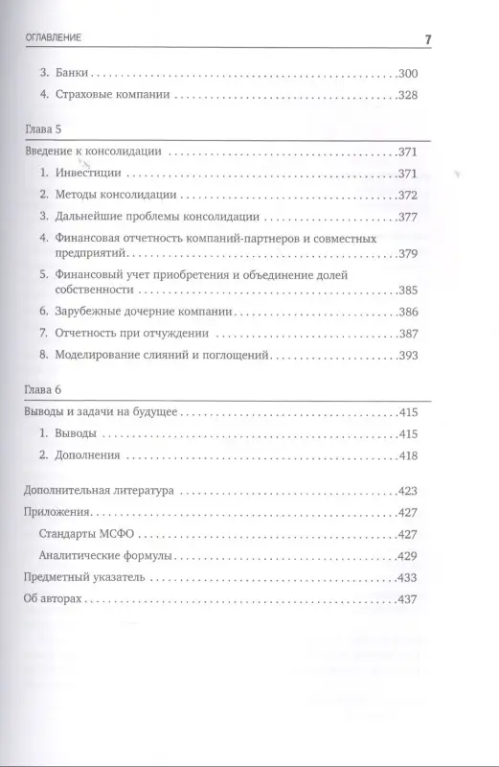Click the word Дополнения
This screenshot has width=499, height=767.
click(x=87, y=457)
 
